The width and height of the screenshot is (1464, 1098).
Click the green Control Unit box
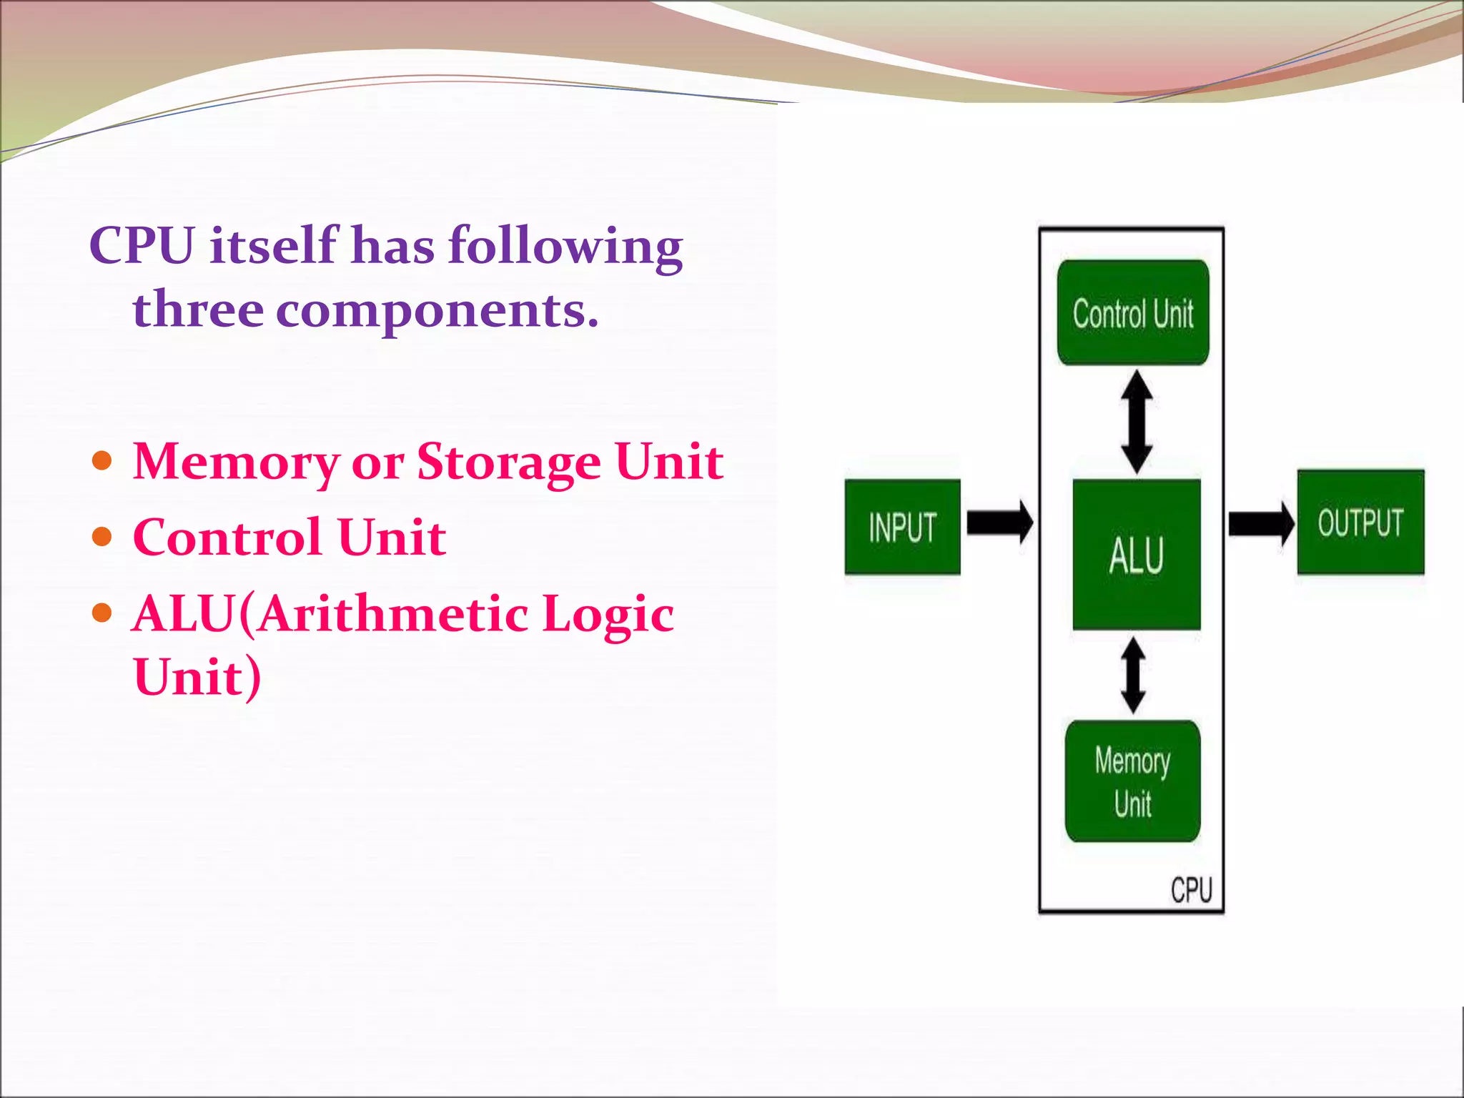pyautogui.click(x=1133, y=312)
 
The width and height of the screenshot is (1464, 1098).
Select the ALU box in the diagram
pyautogui.click(x=1136, y=555)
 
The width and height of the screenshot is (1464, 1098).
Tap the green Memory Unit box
pyautogui.click(x=1132, y=781)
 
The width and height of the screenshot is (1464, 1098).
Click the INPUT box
pyautogui.click(x=902, y=527)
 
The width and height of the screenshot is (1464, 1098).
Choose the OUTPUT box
pyautogui.click(x=1360, y=522)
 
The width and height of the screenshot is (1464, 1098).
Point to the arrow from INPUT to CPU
pyautogui.click(x=999, y=523)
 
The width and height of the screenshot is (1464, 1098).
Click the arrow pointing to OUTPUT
pyautogui.click(x=1260, y=523)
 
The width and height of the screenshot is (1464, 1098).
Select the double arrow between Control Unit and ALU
pyautogui.click(x=1136, y=422)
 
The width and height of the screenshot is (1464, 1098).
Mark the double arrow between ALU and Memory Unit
pyautogui.click(x=1133, y=676)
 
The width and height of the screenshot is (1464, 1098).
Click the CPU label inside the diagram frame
pyautogui.click(x=1191, y=890)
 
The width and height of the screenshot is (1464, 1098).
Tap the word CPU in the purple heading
pyautogui.click(x=142, y=245)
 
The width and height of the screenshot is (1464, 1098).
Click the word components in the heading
pyautogui.click(x=437, y=310)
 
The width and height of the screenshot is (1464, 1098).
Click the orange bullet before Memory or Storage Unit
pyautogui.click(x=103, y=460)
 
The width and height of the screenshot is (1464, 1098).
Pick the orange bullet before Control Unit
pyautogui.click(x=103, y=536)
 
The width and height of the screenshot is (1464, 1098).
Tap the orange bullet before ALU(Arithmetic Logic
pyautogui.click(x=103, y=613)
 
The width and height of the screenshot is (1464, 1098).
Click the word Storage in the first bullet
pyautogui.click(x=508, y=462)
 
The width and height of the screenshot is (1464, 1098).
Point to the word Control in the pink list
pyautogui.click(x=227, y=537)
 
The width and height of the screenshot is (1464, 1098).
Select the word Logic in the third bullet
pyautogui.click(x=607, y=614)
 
